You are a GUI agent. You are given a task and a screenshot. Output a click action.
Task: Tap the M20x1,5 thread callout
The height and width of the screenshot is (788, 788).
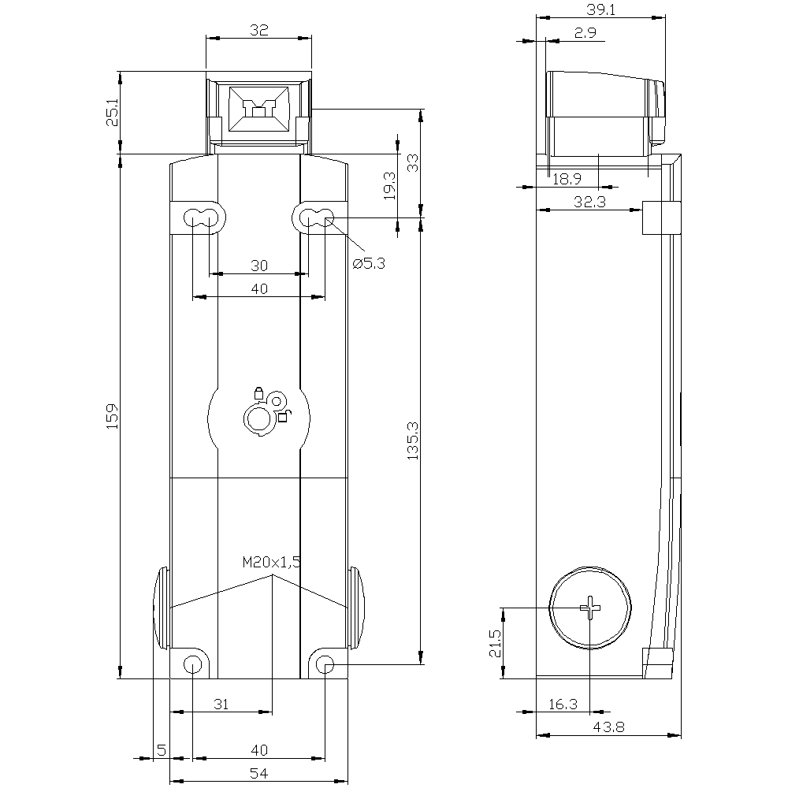(x=271, y=563)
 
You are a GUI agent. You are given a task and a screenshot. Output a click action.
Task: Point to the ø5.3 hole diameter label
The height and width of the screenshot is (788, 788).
(x=368, y=264)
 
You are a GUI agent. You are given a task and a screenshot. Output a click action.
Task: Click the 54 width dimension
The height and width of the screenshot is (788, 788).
(x=259, y=775)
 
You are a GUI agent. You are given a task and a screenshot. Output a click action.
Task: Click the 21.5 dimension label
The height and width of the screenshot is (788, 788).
(x=493, y=642)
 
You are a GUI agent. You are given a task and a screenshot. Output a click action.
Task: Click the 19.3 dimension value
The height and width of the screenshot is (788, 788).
(x=388, y=187)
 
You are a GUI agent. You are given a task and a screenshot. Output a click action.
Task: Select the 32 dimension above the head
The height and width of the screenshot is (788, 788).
(x=258, y=31)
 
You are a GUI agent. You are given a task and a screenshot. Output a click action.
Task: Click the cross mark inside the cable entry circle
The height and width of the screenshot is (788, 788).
(x=590, y=608)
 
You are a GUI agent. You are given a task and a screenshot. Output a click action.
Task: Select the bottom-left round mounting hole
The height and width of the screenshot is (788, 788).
(x=191, y=665)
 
